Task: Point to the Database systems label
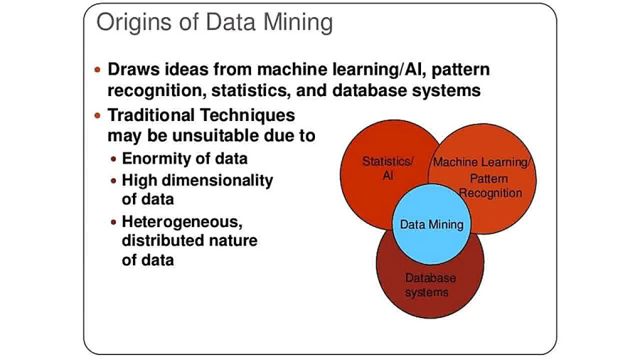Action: [430, 285]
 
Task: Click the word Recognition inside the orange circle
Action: [491, 193]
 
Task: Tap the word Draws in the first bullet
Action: [134, 70]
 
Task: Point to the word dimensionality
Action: [217, 180]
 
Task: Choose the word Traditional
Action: [150, 115]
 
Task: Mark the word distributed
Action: [162, 240]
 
